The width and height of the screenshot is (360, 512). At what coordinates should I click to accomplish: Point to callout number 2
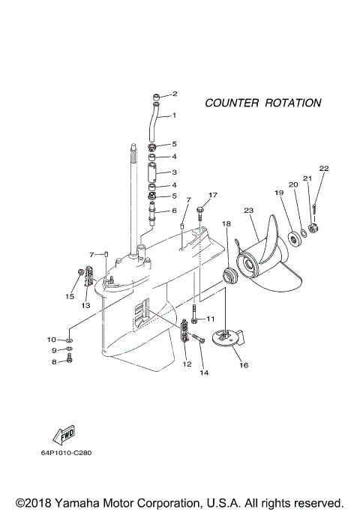click(x=175, y=94)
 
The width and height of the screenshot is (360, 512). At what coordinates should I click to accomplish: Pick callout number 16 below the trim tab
click(x=243, y=366)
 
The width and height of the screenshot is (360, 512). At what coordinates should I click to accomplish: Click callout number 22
click(x=323, y=168)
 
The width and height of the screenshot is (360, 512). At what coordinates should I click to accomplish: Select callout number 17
click(x=212, y=195)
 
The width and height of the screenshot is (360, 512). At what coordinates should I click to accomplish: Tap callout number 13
click(x=85, y=306)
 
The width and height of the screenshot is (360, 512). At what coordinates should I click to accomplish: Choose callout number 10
click(x=53, y=339)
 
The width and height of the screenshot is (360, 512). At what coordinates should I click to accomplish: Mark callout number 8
click(x=54, y=361)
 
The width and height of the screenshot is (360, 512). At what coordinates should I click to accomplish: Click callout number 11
click(x=211, y=319)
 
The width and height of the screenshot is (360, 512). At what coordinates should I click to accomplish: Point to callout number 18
click(x=226, y=223)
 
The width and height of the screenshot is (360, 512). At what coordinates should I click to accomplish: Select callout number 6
click(x=174, y=211)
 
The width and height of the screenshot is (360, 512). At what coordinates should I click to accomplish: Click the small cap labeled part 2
click(x=154, y=95)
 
